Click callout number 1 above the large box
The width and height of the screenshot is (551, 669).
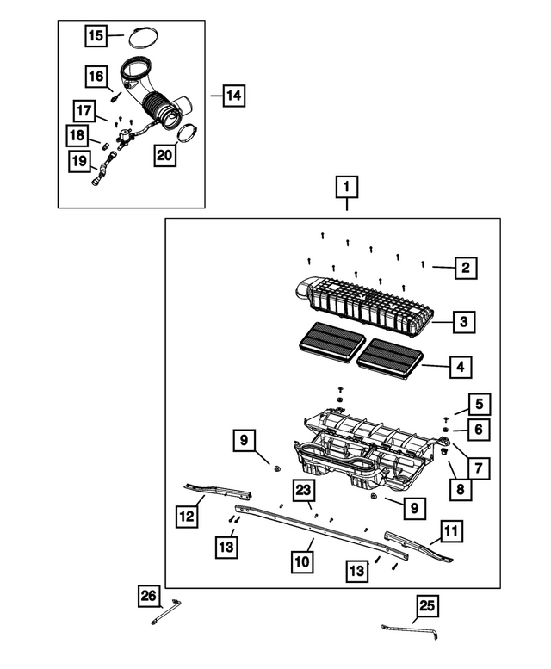pyautogui.click(x=347, y=187)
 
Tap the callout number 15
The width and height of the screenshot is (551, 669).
pyautogui.click(x=95, y=36)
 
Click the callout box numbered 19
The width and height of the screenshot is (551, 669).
pyautogui.click(x=79, y=159)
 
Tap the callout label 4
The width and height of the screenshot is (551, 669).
pyautogui.click(x=461, y=367)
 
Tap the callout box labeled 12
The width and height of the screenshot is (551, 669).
pyautogui.click(x=188, y=517)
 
